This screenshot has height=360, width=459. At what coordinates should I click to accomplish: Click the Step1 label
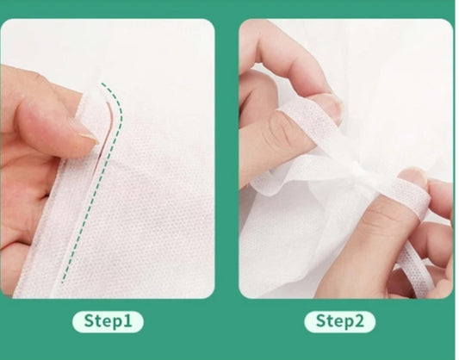click(108, 321)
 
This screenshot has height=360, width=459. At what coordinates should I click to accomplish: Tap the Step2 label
click(339, 321)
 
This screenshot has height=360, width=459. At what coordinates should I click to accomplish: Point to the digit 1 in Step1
click(127, 320)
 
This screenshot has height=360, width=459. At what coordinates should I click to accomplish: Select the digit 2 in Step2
click(359, 320)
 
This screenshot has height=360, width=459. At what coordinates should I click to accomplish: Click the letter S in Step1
click(89, 320)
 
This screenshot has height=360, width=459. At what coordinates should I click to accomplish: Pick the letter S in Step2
click(321, 320)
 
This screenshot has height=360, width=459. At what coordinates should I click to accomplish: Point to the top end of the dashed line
click(102, 84)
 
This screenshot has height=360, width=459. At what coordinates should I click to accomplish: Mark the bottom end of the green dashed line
click(62, 282)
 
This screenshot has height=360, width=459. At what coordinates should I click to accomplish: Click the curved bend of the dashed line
click(119, 106)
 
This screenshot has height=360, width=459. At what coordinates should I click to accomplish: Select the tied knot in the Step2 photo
click(359, 172)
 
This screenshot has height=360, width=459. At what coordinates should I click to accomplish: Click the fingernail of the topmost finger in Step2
click(335, 106)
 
